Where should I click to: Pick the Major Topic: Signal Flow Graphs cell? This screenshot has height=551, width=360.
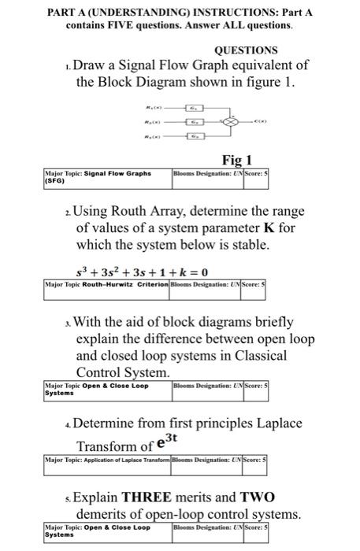coord(106,177)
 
